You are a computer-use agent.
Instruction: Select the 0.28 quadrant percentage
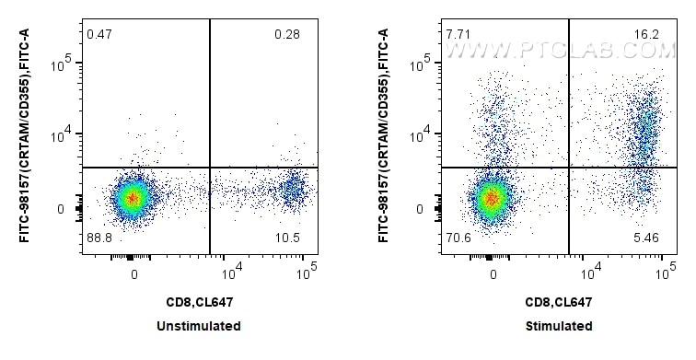287,35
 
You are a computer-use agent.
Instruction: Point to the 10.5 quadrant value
287,238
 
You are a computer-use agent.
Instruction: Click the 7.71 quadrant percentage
457,35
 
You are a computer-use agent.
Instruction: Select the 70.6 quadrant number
457,238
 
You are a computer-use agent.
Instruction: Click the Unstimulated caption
199,326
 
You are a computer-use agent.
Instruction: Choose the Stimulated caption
560,326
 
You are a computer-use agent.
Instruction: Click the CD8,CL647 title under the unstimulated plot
199,301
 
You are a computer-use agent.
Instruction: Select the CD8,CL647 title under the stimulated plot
558,301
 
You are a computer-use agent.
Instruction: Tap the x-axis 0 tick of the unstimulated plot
134,274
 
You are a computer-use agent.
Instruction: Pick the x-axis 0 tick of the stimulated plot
493,274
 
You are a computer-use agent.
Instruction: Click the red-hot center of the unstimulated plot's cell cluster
133,197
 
